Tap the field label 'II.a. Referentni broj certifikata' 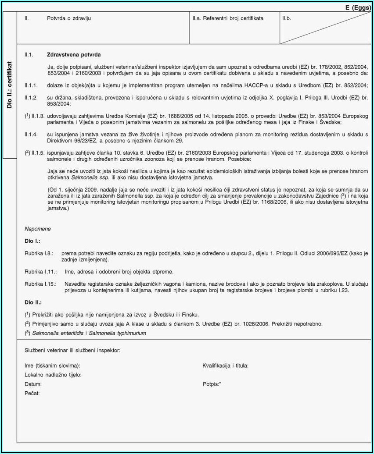(228, 18)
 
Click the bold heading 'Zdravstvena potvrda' (74, 55)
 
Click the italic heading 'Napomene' (38, 229)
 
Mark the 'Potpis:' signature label (211, 384)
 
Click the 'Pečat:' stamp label (32, 393)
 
